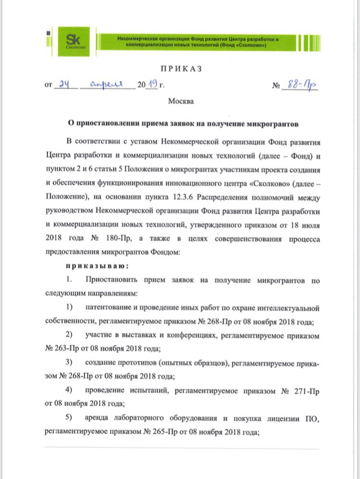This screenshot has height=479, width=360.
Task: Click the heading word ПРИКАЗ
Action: click(x=180, y=70)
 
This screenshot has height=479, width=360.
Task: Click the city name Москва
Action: click(x=181, y=101)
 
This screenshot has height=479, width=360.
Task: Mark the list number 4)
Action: click(x=69, y=390)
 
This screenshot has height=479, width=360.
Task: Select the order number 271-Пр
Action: click(x=307, y=390)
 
